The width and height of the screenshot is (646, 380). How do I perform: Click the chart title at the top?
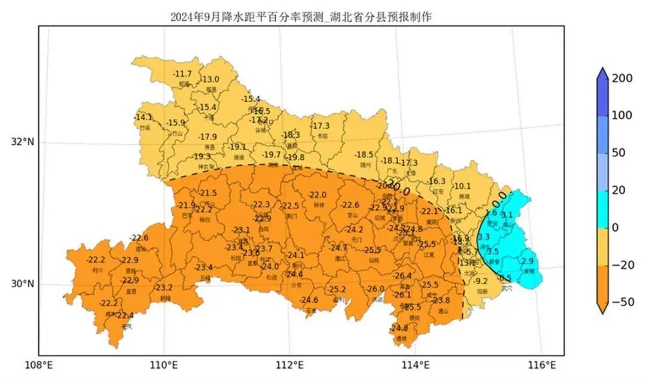[301, 17]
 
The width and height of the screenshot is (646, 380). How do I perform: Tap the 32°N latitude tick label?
[23, 142]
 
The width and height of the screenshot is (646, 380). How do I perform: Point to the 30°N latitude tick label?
[23, 284]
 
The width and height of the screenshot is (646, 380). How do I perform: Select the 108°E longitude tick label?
[39, 364]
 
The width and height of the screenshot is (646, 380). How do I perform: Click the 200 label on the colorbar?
[623, 78]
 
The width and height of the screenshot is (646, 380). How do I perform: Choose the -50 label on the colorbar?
[623, 303]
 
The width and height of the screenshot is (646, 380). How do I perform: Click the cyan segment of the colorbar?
[602, 209]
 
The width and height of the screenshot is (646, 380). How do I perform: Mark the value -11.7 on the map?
[182, 74]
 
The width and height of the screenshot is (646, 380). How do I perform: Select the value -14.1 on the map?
[144, 117]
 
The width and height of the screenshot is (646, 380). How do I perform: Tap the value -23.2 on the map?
[163, 288]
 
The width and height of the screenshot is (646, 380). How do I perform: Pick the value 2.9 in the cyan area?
[527, 262]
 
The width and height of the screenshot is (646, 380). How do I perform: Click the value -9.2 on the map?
[480, 281]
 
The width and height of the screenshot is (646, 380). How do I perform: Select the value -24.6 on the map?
[309, 300]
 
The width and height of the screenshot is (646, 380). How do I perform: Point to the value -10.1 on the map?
[462, 186]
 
